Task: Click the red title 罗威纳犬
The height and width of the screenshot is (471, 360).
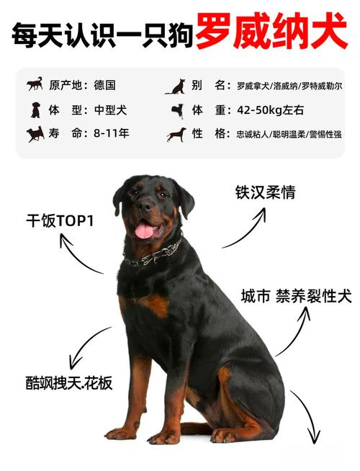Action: click(x=271, y=32)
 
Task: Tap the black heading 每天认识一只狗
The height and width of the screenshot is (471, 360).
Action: click(x=102, y=35)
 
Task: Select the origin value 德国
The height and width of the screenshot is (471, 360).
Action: click(x=104, y=85)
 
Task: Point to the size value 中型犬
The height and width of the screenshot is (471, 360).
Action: click(x=110, y=110)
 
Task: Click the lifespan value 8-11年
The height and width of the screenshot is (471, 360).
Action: click(x=111, y=133)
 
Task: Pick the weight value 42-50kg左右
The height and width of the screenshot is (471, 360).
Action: click(x=270, y=110)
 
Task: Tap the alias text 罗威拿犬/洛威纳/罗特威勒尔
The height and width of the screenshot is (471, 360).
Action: click(x=289, y=86)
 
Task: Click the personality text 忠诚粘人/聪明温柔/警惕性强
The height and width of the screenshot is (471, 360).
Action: click(x=289, y=134)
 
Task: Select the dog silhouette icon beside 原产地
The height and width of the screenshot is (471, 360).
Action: click(x=35, y=84)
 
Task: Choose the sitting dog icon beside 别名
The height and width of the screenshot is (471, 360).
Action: click(x=176, y=87)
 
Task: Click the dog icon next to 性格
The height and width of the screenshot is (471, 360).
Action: click(x=176, y=135)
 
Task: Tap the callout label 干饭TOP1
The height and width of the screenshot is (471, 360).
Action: click(x=60, y=221)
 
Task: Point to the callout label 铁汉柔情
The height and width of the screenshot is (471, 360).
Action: click(x=265, y=192)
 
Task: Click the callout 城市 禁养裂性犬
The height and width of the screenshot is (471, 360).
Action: click(x=296, y=296)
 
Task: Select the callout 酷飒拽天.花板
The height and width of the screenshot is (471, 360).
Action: click(x=69, y=382)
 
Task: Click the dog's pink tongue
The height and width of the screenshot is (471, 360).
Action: click(x=144, y=232)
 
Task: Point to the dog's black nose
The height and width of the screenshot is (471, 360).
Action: click(x=145, y=206)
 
